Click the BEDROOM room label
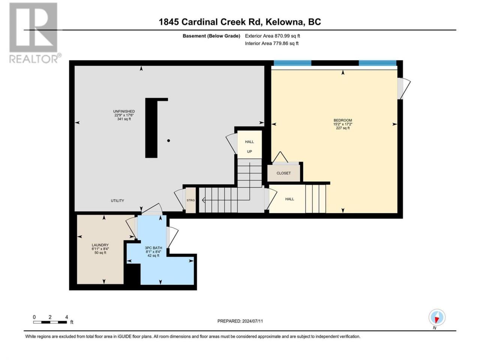[x=343, y=120]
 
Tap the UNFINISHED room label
[x=124, y=111]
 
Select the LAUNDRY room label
[x=100, y=245]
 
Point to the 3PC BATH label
[x=153, y=248]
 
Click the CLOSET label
[x=283, y=173]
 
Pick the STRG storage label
[x=191, y=200]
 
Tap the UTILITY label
[x=117, y=201]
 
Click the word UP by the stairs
[x=249, y=151]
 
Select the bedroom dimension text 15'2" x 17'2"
[x=343, y=124]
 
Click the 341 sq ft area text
[x=124, y=119]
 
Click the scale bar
[x=50, y=322]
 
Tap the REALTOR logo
[x=35, y=33]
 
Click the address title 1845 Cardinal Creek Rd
[x=210, y=22]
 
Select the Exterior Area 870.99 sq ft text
[x=273, y=36]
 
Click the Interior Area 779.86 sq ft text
[x=271, y=43]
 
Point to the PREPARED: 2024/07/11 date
[x=240, y=321]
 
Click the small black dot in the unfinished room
[x=169, y=141]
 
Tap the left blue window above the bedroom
[x=292, y=63]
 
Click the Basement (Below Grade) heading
[x=211, y=36]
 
